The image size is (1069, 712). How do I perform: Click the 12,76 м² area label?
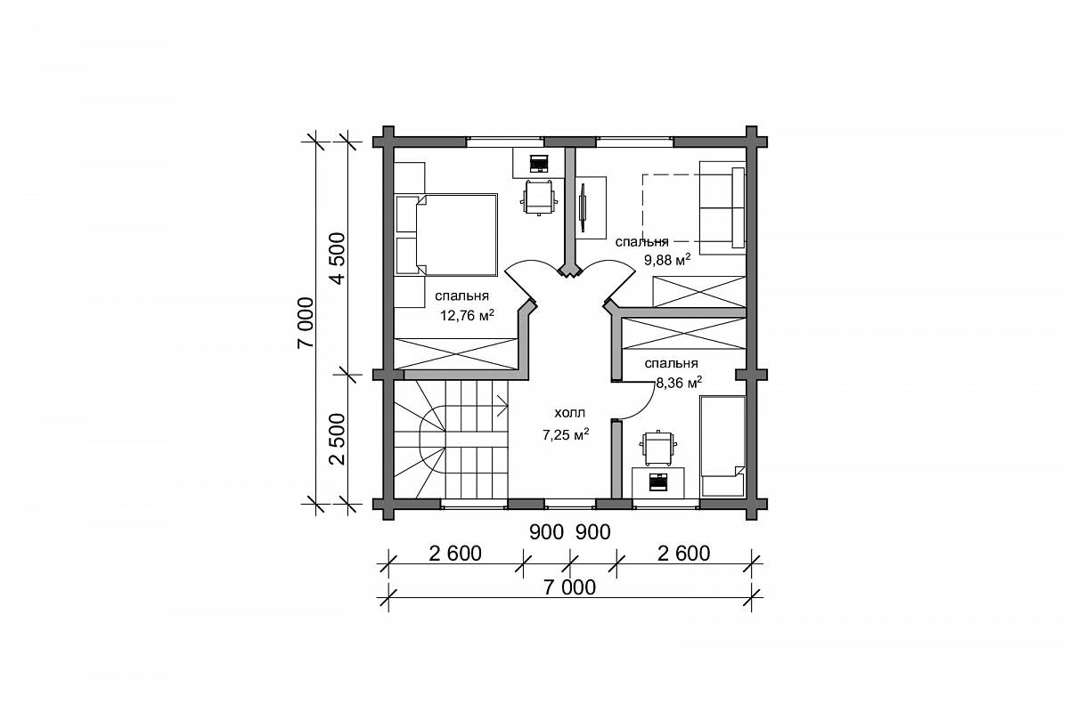[467, 315]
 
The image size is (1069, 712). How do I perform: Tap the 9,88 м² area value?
[667, 260]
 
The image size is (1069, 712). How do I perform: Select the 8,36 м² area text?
[679, 382]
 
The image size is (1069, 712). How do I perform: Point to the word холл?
[570, 412]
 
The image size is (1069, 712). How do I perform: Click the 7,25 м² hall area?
[566, 434]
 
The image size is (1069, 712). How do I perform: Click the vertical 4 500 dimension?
[338, 258]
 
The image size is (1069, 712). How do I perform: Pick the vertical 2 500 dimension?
[338, 439]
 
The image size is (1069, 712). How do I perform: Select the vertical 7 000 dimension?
[306, 322]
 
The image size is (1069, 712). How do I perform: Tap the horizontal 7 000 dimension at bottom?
[570, 587]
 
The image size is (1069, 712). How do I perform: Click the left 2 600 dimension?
[455, 554]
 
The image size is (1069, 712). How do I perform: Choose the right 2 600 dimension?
[684, 554]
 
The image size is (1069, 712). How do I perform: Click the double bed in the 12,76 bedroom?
[446, 235]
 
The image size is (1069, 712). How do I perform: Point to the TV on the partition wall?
[583, 207]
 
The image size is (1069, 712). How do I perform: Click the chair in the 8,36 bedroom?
[658, 448]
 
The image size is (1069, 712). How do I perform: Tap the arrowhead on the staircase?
[503, 407]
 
